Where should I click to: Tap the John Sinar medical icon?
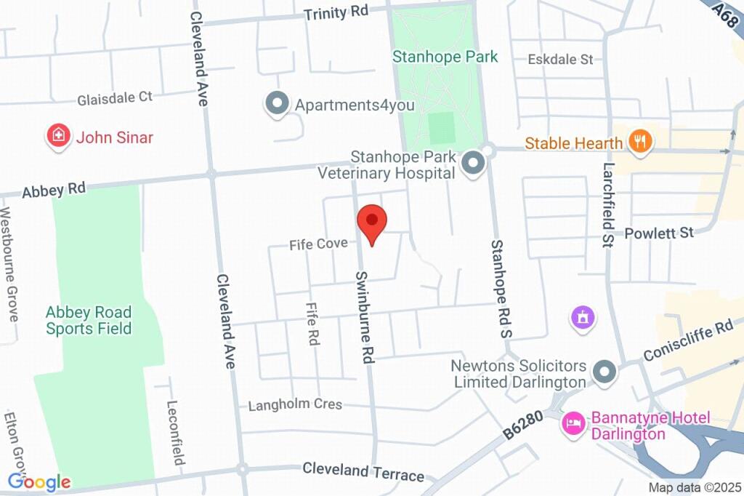[x=58, y=136]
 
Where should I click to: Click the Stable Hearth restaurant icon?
[x=639, y=142]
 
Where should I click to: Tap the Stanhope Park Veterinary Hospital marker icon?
[x=474, y=164]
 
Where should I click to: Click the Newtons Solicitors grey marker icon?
[x=604, y=373]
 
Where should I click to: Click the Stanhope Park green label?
[x=445, y=57]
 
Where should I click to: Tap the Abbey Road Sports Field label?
[x=89, y=321]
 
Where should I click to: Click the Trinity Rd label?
[x=336, y=12]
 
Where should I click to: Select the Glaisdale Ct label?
[x=116, y=97]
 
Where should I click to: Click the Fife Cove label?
[x=318, y=244]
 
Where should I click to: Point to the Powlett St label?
[x=659, y=233]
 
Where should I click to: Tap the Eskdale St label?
[x=560, y=60]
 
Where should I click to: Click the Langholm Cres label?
[x=295, y=404]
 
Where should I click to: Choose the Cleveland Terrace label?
[x=363, y=472]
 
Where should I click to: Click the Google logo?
[x=39, y=481]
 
